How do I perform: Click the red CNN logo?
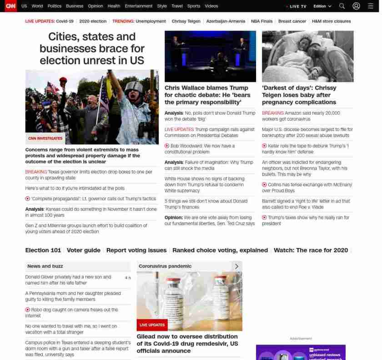(10, 6)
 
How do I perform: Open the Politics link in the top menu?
(55, 6)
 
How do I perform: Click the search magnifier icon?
(342, 6)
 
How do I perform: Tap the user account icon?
(357, 6)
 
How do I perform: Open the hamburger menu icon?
(371, 6)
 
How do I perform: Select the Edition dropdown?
(322, 6)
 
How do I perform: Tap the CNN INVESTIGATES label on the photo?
(45, 138)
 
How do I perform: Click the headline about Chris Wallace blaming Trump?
(207, 95)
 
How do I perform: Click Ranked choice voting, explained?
(220, 250)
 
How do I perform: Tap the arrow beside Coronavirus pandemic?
(236, 266)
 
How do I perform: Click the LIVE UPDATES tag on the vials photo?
(152, 325)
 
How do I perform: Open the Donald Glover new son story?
(68, 279)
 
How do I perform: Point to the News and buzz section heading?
(45, 266)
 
